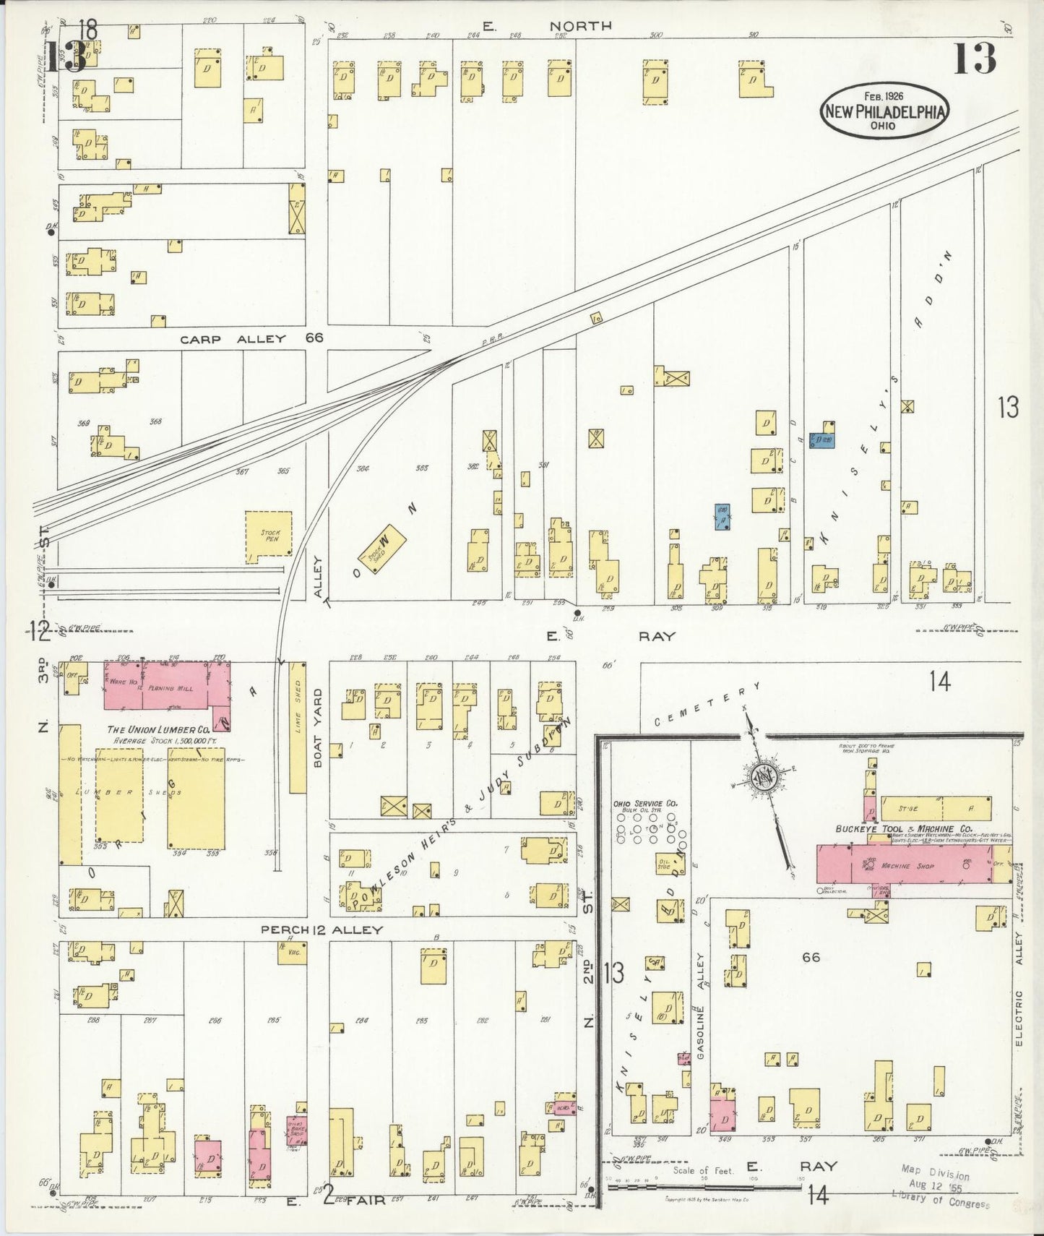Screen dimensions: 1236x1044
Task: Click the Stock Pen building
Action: [x=268, y=536]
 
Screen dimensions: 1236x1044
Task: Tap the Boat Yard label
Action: [x=319, y=727]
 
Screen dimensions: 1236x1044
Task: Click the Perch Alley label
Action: [x=321, y=930]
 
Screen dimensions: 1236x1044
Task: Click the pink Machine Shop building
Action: [x=903, y=864]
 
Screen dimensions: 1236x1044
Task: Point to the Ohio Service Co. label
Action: [x=644, y=803]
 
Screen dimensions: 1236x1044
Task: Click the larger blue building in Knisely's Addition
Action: [x=821, y=440]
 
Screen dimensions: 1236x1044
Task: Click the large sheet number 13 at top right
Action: [x=975, y=59]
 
